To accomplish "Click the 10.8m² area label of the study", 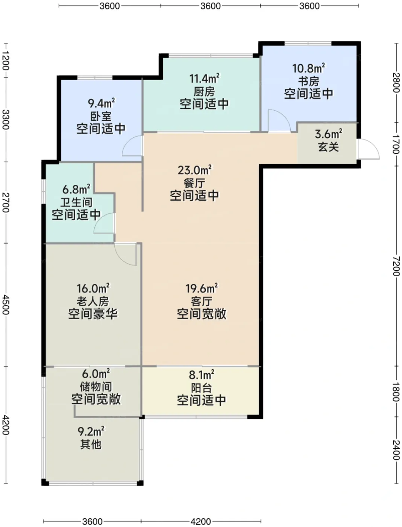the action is [308, 68].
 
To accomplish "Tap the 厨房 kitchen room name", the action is [204, 91].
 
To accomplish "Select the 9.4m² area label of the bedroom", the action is [101, 103].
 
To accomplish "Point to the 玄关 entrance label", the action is [328, 147].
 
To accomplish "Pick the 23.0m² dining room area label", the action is [194, 170].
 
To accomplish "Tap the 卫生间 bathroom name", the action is [76, 202].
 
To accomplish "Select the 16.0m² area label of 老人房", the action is [93, 288].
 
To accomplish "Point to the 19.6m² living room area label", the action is [202, 288].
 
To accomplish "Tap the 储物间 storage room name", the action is [96, 386].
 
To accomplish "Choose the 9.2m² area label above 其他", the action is [91, 431].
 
